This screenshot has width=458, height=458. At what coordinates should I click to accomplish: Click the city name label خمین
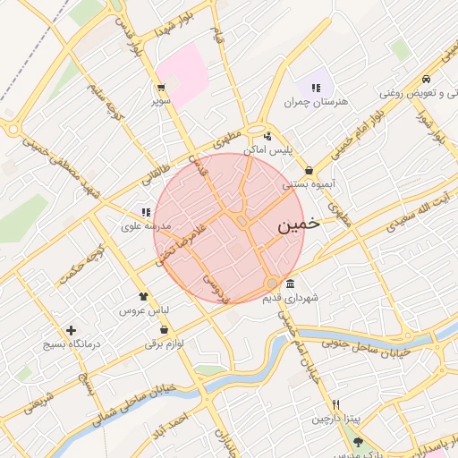pos(298,225)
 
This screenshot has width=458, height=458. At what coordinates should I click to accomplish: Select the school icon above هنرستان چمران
pos(315,87)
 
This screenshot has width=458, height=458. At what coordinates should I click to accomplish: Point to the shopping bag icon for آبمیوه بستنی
pos(309,170)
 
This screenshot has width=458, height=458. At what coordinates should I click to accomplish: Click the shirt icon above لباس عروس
pos(142,295)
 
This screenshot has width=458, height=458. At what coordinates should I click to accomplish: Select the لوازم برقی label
pos(164,343)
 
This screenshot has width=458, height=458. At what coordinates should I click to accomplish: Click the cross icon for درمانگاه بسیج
pos(71,330)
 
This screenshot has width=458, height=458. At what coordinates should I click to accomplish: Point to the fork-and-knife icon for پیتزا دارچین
pos(335,404)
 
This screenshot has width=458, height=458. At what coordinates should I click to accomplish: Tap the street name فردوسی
pos(215,287)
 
